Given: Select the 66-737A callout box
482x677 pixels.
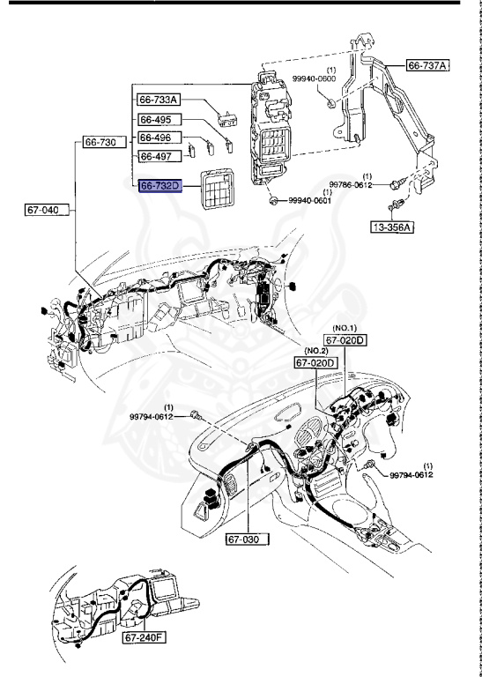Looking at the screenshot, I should click(427, 65).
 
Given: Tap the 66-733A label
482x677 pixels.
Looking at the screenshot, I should click(159, 100).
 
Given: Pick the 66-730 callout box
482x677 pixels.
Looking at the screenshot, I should click(102, 141).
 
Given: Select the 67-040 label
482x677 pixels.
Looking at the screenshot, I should click(44, 210).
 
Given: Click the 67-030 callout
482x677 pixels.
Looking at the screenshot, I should click(244, 537).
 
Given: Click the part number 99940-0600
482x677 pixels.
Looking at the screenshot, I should click(326, 78).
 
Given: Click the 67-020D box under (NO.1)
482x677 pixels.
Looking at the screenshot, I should click(345, 340).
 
